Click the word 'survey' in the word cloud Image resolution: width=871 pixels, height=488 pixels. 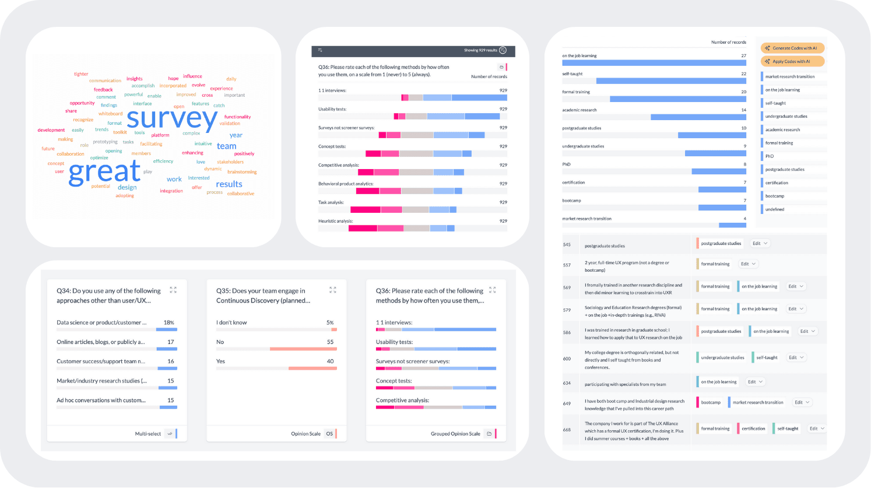click(172, 119)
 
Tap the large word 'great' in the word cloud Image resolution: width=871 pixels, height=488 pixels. click(105, 172)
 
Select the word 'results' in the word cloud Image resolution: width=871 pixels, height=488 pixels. click(229, 184)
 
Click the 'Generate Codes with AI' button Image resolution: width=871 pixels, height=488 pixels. click(792, 48)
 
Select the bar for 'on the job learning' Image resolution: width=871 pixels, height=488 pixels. click(654, 63)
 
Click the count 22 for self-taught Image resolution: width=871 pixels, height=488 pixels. click(743, 74)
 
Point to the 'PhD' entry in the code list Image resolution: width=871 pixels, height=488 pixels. click(770, 156)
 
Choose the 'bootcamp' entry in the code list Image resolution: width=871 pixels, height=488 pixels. click(775, 196)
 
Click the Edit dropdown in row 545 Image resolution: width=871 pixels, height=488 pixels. click(760, 244)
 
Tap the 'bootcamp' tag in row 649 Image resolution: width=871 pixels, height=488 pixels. click(711, 402)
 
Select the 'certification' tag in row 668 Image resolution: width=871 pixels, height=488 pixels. click(753, 429)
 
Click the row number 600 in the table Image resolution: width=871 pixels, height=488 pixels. click(567, 359)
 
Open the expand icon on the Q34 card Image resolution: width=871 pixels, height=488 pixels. click(173, 290)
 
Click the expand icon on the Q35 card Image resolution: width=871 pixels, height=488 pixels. click(333, 290)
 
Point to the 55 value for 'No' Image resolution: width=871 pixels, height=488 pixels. click(331, 342)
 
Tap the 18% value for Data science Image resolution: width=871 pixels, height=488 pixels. click(169, 322)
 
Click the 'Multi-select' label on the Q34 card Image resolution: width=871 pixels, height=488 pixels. click(148, 434)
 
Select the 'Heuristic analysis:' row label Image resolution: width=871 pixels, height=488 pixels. click(336, 221)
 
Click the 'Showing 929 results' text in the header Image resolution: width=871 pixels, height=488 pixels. click(480, 51)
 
